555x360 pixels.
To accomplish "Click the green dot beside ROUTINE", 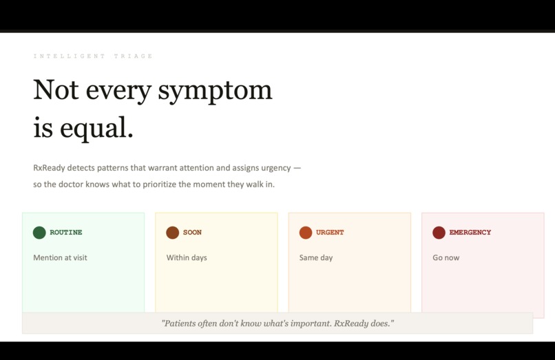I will pos(39,233).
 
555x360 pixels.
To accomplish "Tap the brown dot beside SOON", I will pos(172,233).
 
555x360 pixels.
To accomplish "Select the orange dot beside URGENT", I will pos(306,233).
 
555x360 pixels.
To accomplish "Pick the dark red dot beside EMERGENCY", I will pos(439,233).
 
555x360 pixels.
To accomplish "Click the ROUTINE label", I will pos(66,233).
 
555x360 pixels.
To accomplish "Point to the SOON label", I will pos(192,233).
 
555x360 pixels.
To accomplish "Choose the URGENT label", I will pos(330,233).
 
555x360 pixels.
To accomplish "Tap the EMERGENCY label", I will pos(470,233).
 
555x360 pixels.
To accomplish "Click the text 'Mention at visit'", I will pos(60,257).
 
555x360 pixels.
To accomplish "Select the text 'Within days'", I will pos(187,257).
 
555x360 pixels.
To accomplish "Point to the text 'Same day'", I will pos(316,257).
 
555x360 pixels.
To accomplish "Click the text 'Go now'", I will pos(446,257).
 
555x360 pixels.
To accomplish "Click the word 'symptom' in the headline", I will pos(215,91).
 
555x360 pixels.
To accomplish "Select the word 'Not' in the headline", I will pos(55,90).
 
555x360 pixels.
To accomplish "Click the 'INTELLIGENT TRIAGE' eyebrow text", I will pos(93,56).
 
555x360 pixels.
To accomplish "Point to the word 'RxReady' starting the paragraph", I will pos(49,168).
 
